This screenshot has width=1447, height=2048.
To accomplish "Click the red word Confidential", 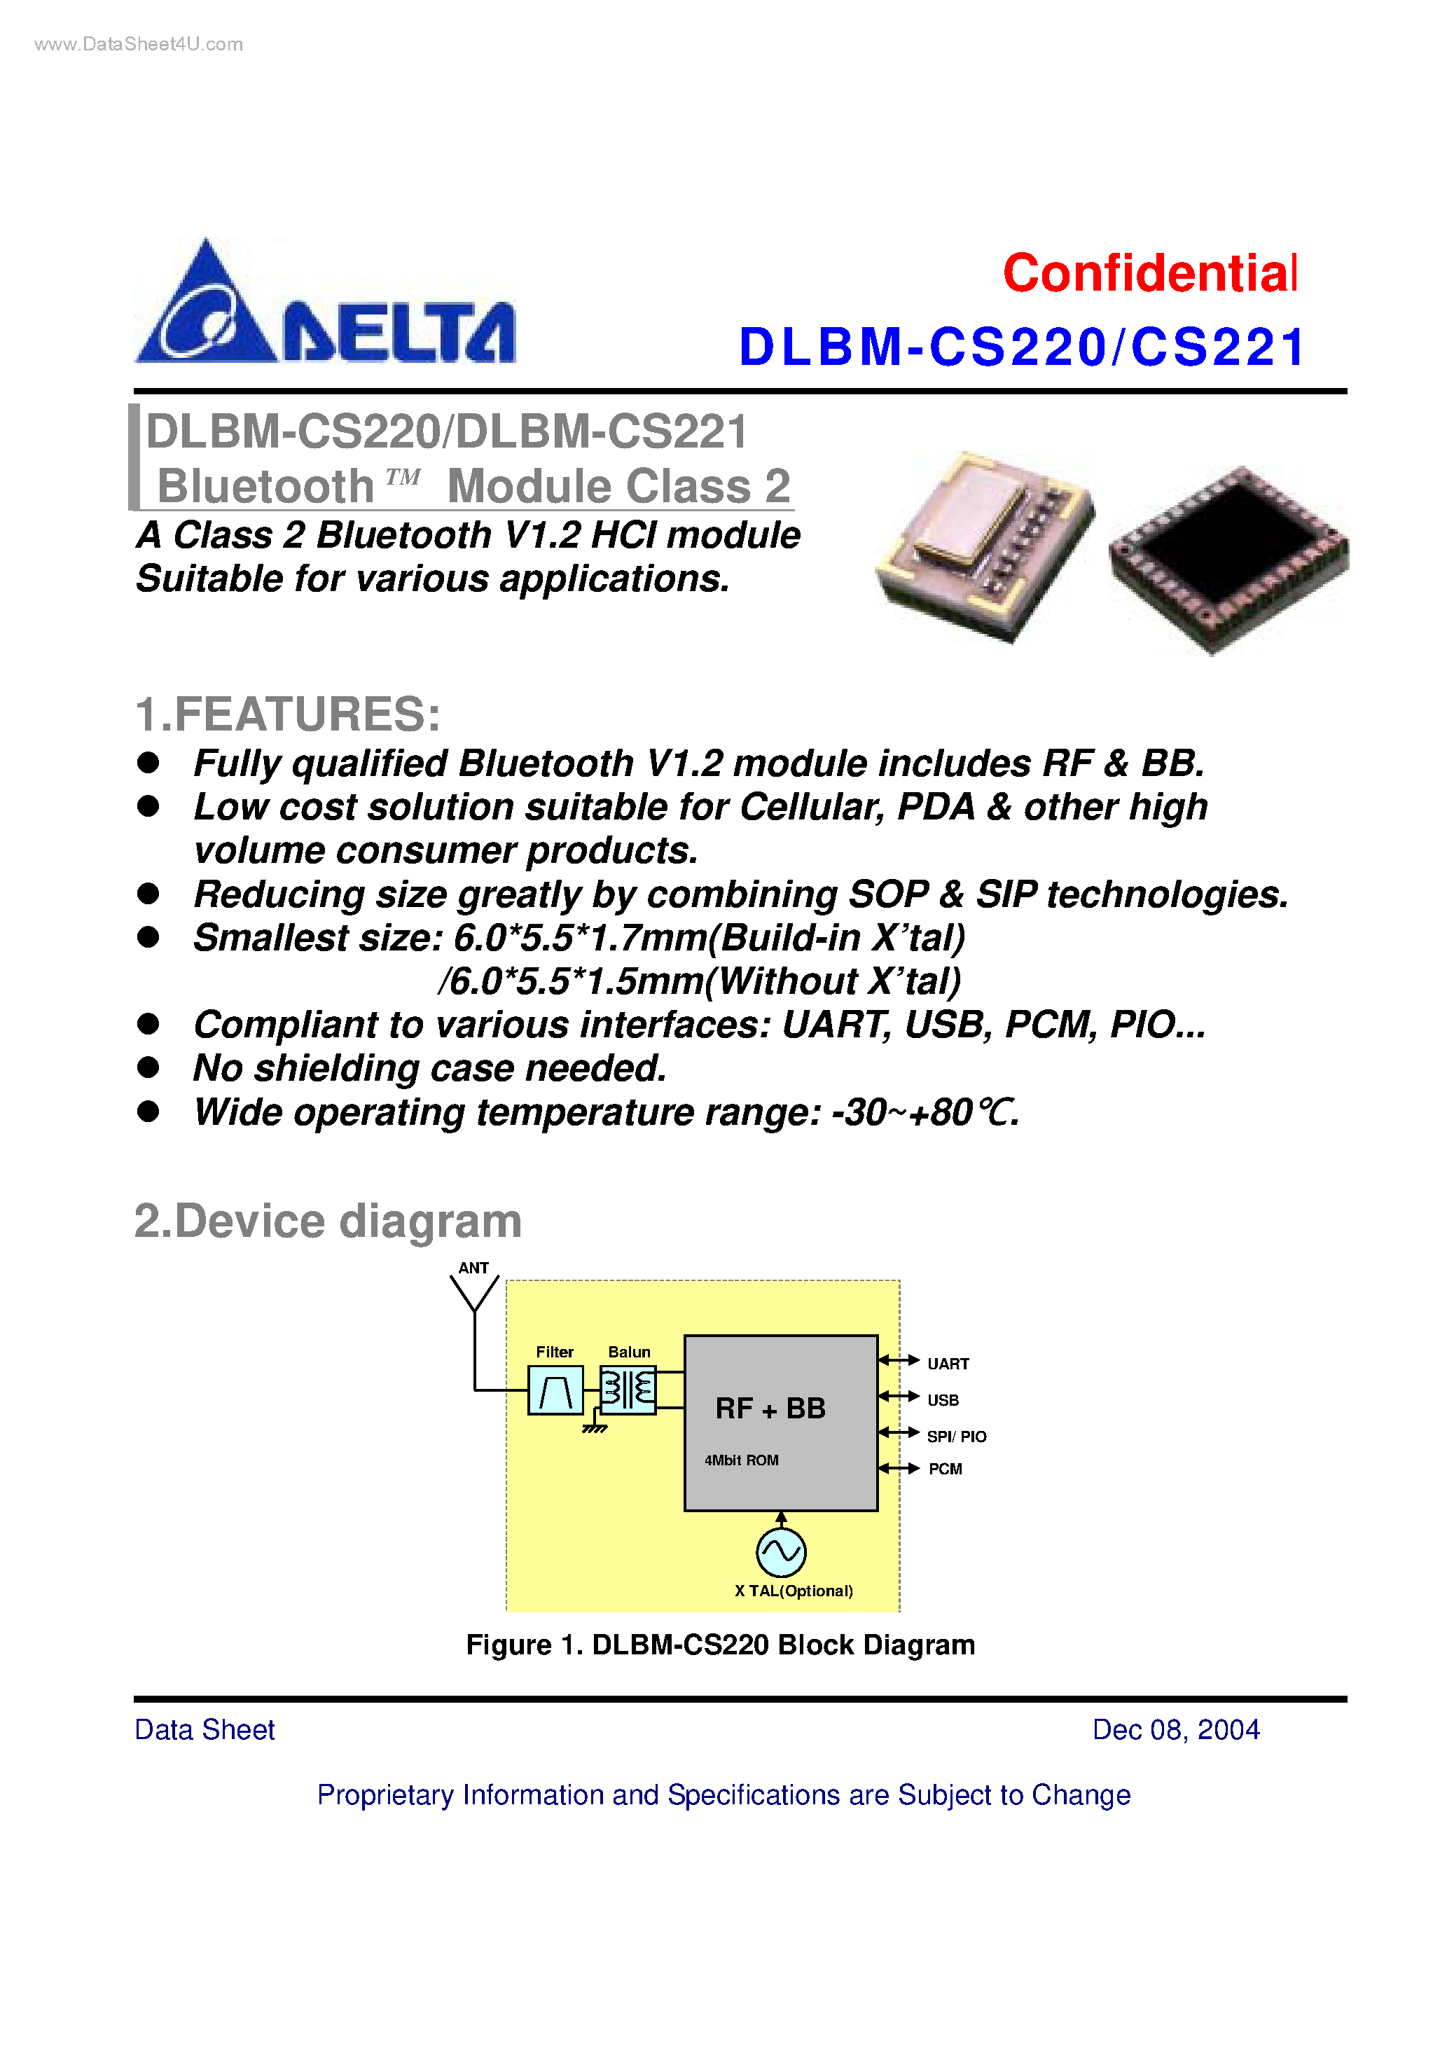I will [x=1149, y=274].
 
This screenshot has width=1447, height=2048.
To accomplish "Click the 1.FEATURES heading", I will [x=287, y=714].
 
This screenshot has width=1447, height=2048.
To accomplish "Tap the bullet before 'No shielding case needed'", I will [x=148, y=1067].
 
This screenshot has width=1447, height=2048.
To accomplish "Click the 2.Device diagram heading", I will [x=327, y=1221].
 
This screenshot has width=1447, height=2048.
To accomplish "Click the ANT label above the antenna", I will [x=473, y=1268].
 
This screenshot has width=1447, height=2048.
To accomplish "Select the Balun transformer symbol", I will [x=628, y=1389].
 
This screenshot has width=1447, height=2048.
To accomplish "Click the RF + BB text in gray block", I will [x=770, y=1409].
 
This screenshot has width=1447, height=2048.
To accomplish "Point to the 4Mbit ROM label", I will [x=741, y=1460].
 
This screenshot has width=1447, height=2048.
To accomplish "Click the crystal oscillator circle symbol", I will [x=781, y=1552].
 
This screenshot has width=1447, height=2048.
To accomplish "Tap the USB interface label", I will [x=942, y=1400].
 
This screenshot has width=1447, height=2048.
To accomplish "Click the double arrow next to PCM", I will [x=899, y=1468].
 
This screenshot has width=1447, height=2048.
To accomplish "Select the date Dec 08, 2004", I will [x=1175, y=1729].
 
